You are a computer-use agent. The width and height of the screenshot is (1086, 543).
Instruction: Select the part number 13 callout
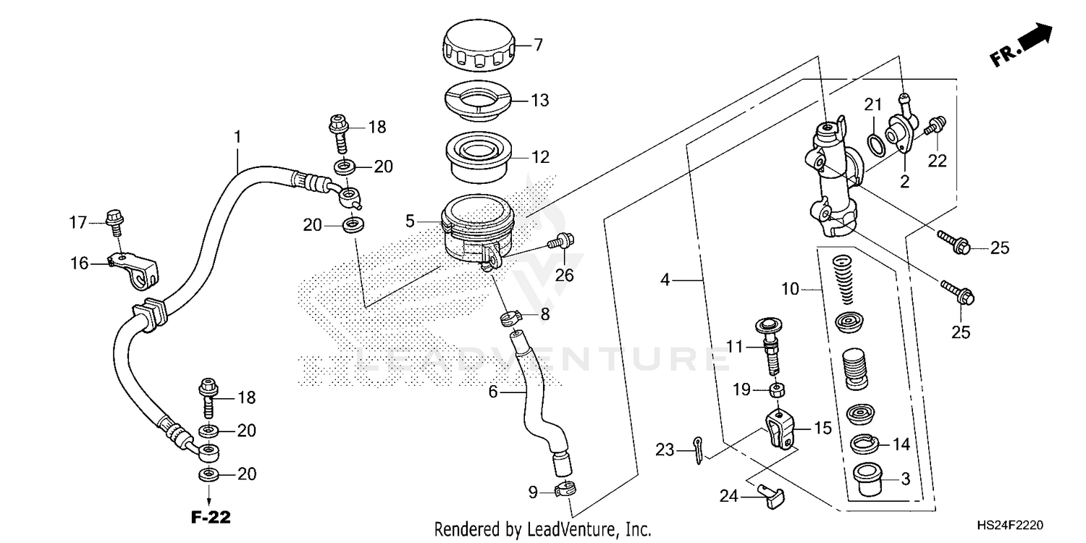click(x=540, y=100)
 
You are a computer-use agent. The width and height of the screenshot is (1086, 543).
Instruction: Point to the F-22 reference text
click(x=210, y=518)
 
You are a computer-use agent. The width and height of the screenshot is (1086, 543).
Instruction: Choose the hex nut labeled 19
click(x=775, y=391)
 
